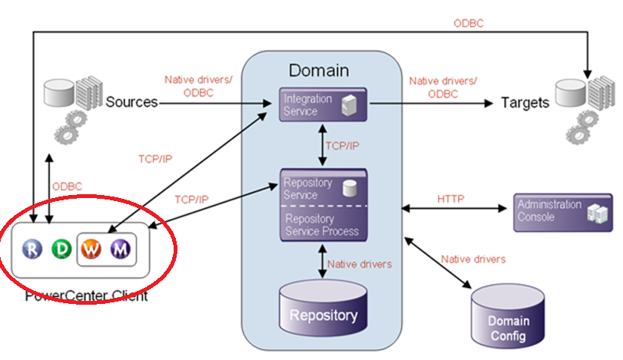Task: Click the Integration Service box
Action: [323, 105]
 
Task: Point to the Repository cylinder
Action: [323, 311]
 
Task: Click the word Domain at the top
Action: [319, 71]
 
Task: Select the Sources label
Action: [131, 102]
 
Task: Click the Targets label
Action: [526, 102]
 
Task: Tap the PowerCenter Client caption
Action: [86, 295]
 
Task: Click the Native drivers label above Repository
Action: [359, 264]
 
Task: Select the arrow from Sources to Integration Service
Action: [219, 102]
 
